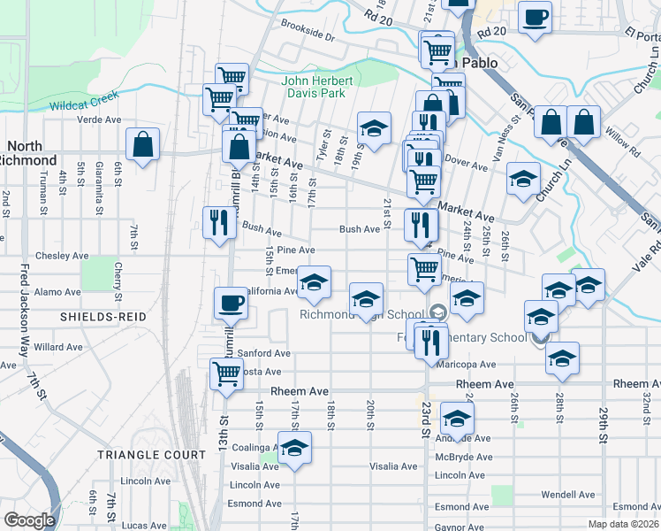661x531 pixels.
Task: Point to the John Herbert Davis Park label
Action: pos(317,88)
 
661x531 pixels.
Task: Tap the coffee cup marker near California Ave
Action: pos(232,304)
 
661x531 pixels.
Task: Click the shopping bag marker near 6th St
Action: pos(142,144)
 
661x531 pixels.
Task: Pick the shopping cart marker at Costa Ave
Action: pos(227,373)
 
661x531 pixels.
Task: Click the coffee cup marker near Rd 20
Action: pos(534,18)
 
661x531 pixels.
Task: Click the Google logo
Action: pos(29,520)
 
